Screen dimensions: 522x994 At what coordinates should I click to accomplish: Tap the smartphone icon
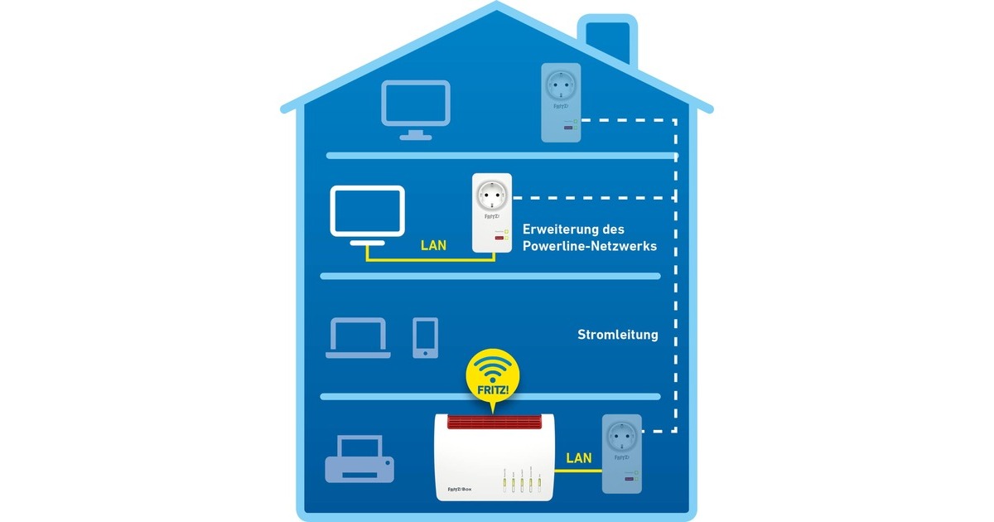click(425, 337)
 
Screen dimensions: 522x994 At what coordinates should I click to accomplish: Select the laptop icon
click(358, 338)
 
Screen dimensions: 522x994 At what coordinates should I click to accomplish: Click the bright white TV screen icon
click(367, 213)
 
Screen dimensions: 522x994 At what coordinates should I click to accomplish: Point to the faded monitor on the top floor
click(415, 109)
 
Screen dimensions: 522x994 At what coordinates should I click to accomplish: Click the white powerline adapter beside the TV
click(489, 213)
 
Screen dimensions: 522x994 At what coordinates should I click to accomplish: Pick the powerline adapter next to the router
click(624, 454)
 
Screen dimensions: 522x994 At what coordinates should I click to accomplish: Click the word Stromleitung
click(617, 336)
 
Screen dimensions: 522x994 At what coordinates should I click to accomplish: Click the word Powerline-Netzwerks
click(590, 246)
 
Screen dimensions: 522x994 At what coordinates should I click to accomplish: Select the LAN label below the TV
click(435, 246)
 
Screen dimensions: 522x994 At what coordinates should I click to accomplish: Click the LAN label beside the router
click(579, 457)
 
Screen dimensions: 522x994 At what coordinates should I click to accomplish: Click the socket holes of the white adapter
click(489, 196)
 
